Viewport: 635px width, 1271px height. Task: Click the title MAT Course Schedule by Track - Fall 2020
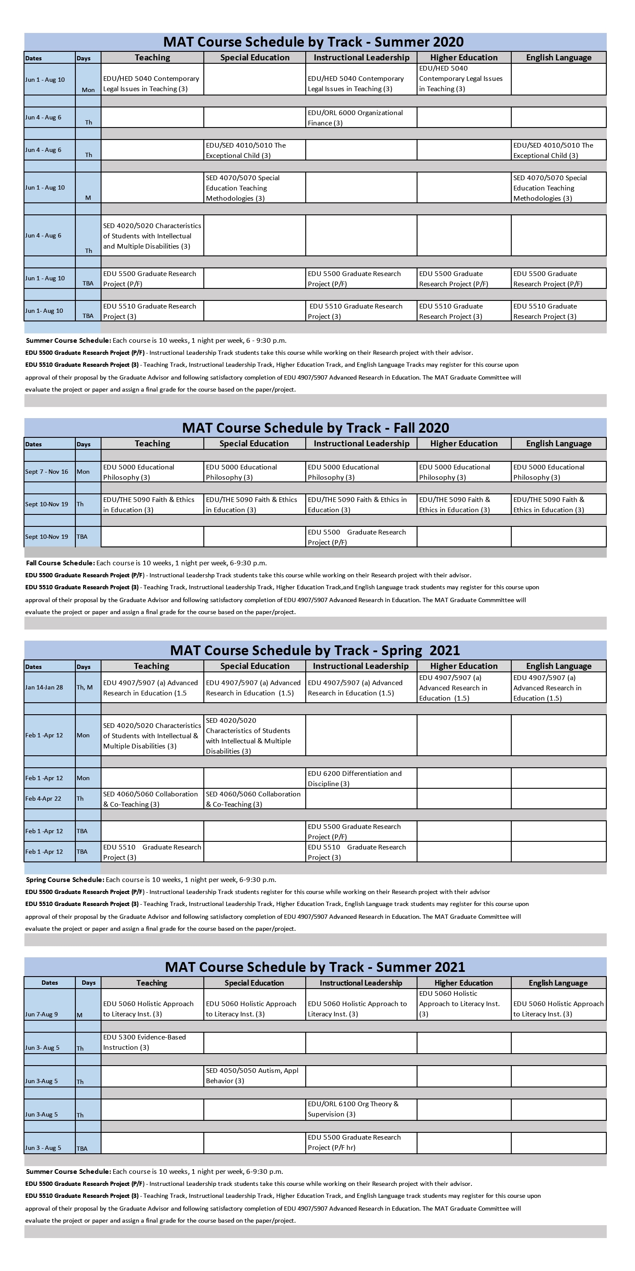316,428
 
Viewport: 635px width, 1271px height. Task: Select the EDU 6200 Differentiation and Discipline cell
361,778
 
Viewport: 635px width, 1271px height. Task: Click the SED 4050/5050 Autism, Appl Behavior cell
254,1075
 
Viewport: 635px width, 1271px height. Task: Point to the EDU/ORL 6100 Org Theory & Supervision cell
361,1109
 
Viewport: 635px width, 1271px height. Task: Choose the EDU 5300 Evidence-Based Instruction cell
152,1042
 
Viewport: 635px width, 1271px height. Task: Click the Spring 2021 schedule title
315,650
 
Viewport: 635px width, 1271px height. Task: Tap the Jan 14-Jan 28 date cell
45,687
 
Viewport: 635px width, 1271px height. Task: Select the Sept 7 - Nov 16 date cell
47,472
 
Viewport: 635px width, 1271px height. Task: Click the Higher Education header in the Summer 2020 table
464,58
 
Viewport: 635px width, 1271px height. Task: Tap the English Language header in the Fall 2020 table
558,444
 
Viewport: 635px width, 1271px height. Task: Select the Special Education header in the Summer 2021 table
254,983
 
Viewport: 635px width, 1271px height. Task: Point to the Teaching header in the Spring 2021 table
152,666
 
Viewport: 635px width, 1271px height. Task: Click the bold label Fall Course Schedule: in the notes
60,563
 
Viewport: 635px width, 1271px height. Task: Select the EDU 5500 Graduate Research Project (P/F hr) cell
361,1143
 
